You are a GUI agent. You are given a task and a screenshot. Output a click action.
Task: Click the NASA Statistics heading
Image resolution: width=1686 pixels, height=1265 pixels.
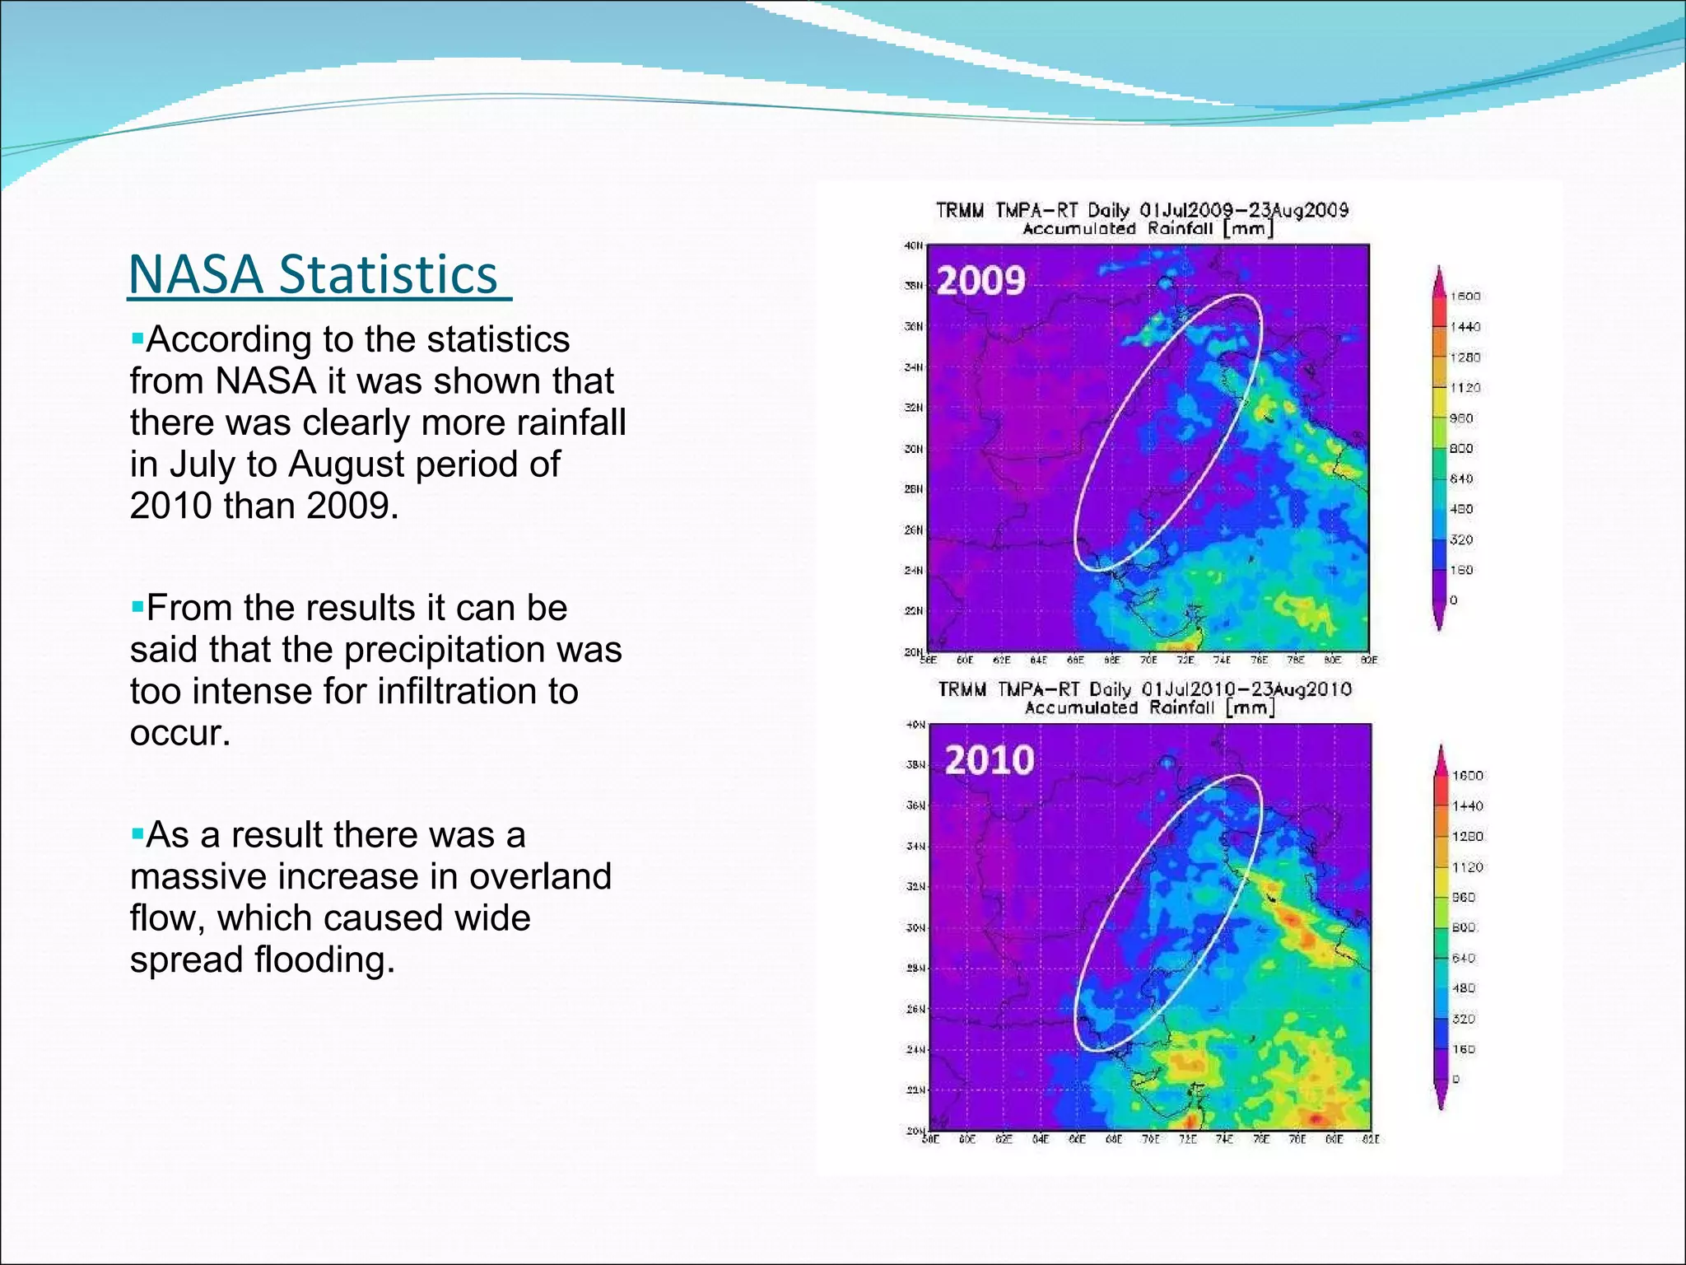[319, 274]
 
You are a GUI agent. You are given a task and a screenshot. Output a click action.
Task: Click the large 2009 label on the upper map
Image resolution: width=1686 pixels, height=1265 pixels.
[980, 282]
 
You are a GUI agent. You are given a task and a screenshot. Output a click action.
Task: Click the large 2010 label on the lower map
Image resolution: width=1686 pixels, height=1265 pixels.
[989, 759]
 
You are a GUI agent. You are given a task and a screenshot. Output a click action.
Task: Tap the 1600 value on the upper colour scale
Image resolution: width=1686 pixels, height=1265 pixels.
[1465, 296]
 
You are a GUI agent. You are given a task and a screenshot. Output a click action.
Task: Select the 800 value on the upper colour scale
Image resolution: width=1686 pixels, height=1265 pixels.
[1461, 449]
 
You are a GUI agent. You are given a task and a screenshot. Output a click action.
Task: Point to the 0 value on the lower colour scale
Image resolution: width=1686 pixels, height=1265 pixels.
[1455, 1080]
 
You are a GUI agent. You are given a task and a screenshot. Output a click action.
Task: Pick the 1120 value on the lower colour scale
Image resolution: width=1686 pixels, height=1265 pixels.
[1467, 867]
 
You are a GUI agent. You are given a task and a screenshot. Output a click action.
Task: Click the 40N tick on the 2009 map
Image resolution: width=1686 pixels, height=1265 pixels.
[914, 245]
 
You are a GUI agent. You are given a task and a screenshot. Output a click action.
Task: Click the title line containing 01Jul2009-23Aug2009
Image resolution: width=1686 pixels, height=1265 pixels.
[1142, 210]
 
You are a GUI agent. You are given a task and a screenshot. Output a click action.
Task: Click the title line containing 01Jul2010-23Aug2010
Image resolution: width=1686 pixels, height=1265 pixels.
[1144, 689]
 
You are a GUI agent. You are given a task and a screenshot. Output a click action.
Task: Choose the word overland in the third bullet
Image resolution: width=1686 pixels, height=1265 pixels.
[540, 877]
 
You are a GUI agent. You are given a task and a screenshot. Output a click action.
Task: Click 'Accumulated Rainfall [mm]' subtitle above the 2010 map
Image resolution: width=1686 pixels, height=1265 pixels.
[1149, 708]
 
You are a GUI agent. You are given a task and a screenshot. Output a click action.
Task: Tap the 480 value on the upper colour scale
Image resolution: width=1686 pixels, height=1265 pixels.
[1461, 510]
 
